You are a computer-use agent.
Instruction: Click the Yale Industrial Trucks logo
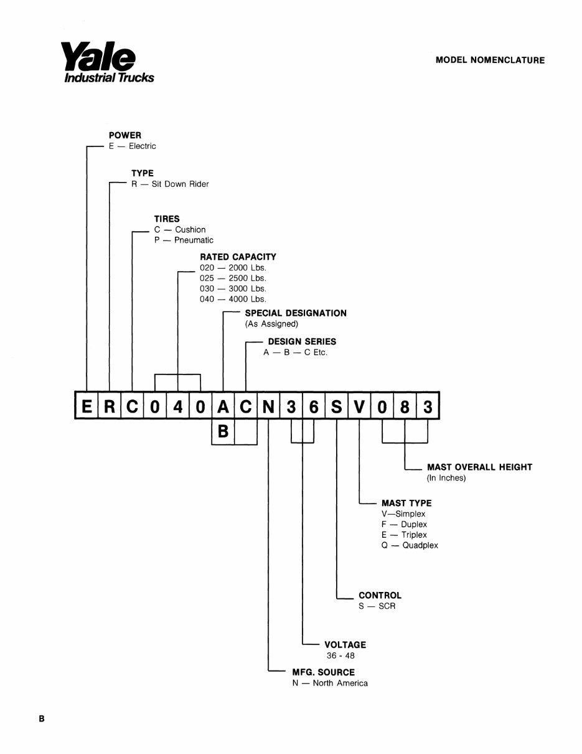tap(106, 61)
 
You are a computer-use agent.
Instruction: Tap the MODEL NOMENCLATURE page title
tap(490, 60)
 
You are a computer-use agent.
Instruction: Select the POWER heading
tap(125, 135)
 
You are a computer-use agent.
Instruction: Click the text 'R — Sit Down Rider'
tap(170, 184)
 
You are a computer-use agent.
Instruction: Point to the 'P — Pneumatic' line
tap(184, 240)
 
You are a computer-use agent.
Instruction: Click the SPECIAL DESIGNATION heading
tap(296, 313)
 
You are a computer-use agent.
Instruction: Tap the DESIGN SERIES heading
tap(302, 341)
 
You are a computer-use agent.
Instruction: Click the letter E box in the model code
tap(87, 407)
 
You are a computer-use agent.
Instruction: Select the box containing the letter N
tap(268, 407)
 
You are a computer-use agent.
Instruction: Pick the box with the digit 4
tap(177, 407)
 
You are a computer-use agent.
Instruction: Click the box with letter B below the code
tap(223, 431)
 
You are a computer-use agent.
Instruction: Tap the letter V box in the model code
tap(359, 407)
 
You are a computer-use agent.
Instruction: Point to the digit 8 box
tap(405, 407)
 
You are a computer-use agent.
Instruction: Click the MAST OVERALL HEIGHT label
tap(479, 467)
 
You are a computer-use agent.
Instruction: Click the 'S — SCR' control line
tap(377, 606)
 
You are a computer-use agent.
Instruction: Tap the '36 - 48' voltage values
tap(340, 656)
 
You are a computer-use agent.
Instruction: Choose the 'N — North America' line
tap(330, 683)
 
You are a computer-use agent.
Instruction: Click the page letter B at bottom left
tap(42, 718)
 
